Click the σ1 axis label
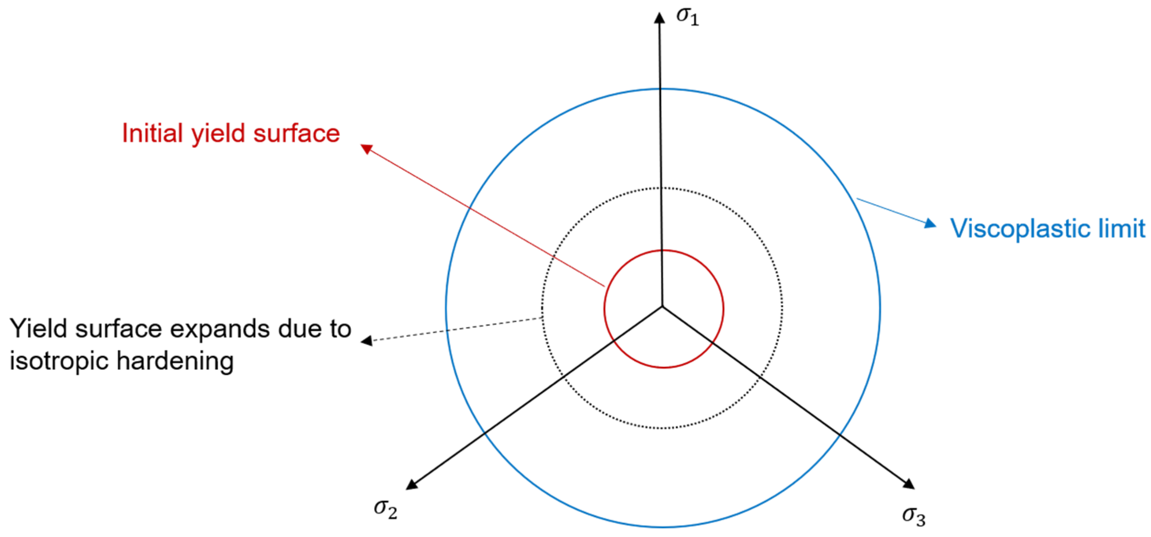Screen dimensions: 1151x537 pyautogui.click(x=687, y=17)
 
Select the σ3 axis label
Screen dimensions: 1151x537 pyautogui.click(x=914, y=516)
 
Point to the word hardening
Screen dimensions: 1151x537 pyautogui.click(x=175, y=361)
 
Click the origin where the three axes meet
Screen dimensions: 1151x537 pyautogui.click(x=662, y=306)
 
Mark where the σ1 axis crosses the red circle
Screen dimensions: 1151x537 pyautogui.click(x=662, y=250)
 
